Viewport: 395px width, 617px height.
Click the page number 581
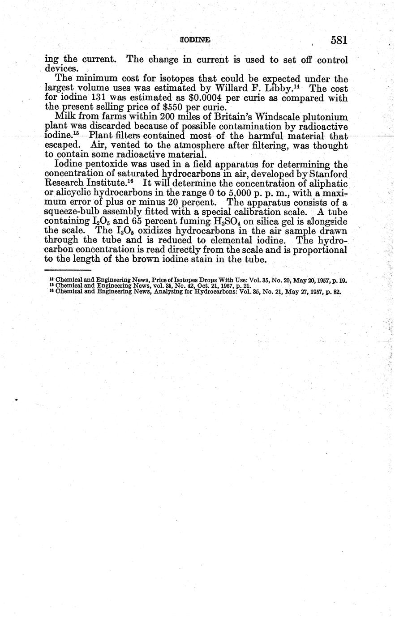339,40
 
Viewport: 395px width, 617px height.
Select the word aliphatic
326,183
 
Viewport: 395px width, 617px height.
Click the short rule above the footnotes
68,270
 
